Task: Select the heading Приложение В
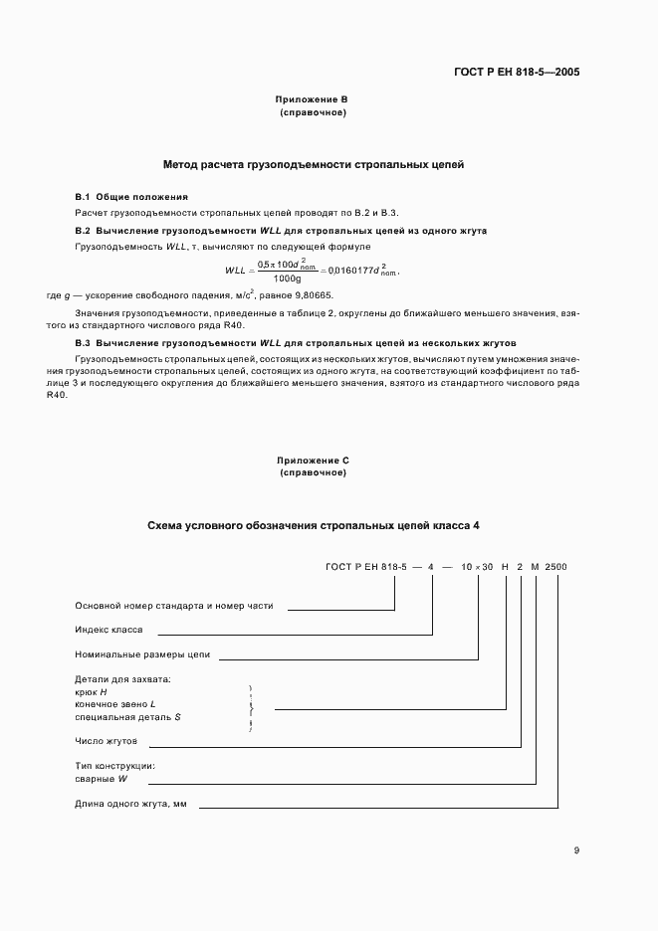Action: coord(313,99)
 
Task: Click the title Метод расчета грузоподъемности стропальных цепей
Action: coord(313,164)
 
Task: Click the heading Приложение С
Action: coord(313,461)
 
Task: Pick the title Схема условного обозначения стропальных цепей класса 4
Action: coord(313,524)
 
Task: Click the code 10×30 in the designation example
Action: coord(479,566)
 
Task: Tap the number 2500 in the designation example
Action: coord(556,566)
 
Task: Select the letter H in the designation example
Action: coord(506,566)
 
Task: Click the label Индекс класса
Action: coord(110,630)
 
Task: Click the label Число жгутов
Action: coord(106,741)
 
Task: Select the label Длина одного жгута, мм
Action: coord(131,804)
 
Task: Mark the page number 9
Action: coord(576,850)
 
